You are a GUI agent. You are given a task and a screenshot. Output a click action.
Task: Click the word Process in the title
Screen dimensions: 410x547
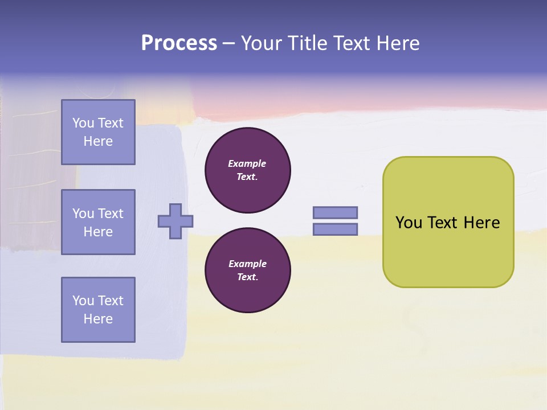tap(179, 43)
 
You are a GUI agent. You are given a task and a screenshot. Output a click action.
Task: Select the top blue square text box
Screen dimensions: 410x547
tap(98, 132)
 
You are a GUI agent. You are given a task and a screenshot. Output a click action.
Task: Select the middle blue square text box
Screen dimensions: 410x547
tap(98, 222)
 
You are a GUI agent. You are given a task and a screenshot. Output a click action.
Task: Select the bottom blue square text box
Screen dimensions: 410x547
tap(98, 310)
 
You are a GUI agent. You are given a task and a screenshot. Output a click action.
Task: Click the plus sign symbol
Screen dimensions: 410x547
tap(175, 221)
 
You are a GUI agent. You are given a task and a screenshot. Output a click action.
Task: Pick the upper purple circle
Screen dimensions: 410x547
tap(248, 170)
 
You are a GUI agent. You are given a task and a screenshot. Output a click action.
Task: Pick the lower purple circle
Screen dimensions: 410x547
tap(248, 270)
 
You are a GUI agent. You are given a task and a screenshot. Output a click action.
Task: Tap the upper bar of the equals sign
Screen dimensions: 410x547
tap(335, 212)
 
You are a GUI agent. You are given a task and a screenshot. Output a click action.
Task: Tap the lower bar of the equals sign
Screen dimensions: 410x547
tap(335, 229)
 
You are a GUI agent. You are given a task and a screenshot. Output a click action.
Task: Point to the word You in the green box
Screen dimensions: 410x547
tap(409, 223)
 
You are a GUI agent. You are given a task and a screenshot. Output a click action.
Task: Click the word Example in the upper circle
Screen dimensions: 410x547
tap(247, 163)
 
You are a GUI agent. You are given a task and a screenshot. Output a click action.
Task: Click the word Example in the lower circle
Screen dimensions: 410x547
tap(247, 264)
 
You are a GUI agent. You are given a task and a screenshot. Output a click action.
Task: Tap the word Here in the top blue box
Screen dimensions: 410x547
tap(98, 141)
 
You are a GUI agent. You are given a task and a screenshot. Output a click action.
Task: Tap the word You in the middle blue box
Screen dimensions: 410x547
tap(83, 214)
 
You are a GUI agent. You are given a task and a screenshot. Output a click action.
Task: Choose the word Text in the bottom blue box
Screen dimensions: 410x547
tap(111, 301)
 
